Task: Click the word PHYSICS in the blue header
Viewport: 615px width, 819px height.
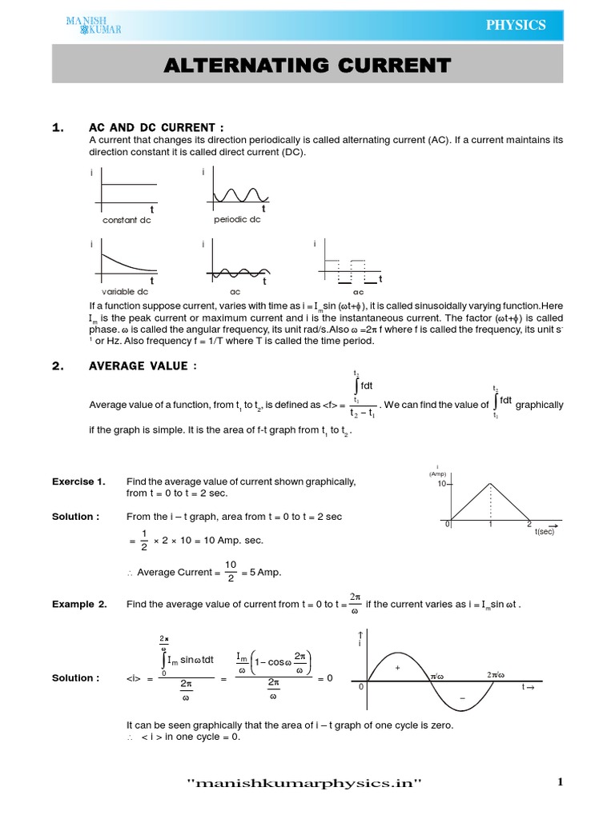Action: [x=517, y=25]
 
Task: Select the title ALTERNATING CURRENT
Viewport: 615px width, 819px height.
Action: [x=307, y=65]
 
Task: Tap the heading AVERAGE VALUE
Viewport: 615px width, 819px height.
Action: [x=143, y=366]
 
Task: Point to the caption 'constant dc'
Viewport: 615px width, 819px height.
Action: [x=127, y=220]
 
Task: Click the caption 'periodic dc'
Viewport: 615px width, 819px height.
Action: [x=237, y=219]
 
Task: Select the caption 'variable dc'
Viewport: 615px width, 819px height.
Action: [x=125, y=292]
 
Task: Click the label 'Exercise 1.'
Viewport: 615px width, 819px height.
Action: [x=78, y=481]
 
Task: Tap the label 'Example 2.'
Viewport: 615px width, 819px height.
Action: [x=79, y=605]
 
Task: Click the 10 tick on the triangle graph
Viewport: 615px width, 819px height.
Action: [x=441, y=485]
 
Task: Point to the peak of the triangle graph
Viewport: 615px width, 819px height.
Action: [x=490, y=483]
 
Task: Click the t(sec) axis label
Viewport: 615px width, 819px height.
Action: [x=545, y=531]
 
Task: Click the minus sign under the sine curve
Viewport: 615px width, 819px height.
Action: [x=462, y=698]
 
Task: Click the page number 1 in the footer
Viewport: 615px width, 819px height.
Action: [x=561, y=783]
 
